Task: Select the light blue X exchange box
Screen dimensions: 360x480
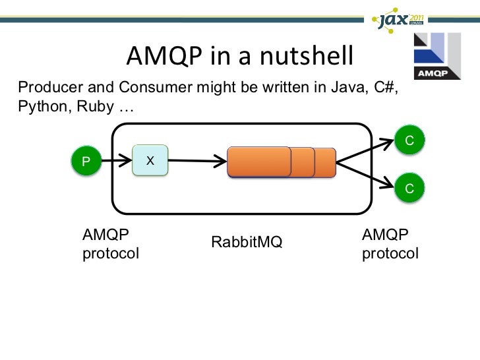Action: coord(150,160)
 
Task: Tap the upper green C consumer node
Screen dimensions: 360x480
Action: coord(409,140)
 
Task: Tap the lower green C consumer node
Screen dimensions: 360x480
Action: coord(409,189)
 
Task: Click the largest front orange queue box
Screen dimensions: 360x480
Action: coord(258,162)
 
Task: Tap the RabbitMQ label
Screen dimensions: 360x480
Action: coord(247,243)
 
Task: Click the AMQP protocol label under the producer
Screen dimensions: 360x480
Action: coord(110,244)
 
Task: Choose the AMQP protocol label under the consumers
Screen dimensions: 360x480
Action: coord(390,244)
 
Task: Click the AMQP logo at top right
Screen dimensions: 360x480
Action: coord(436,56)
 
